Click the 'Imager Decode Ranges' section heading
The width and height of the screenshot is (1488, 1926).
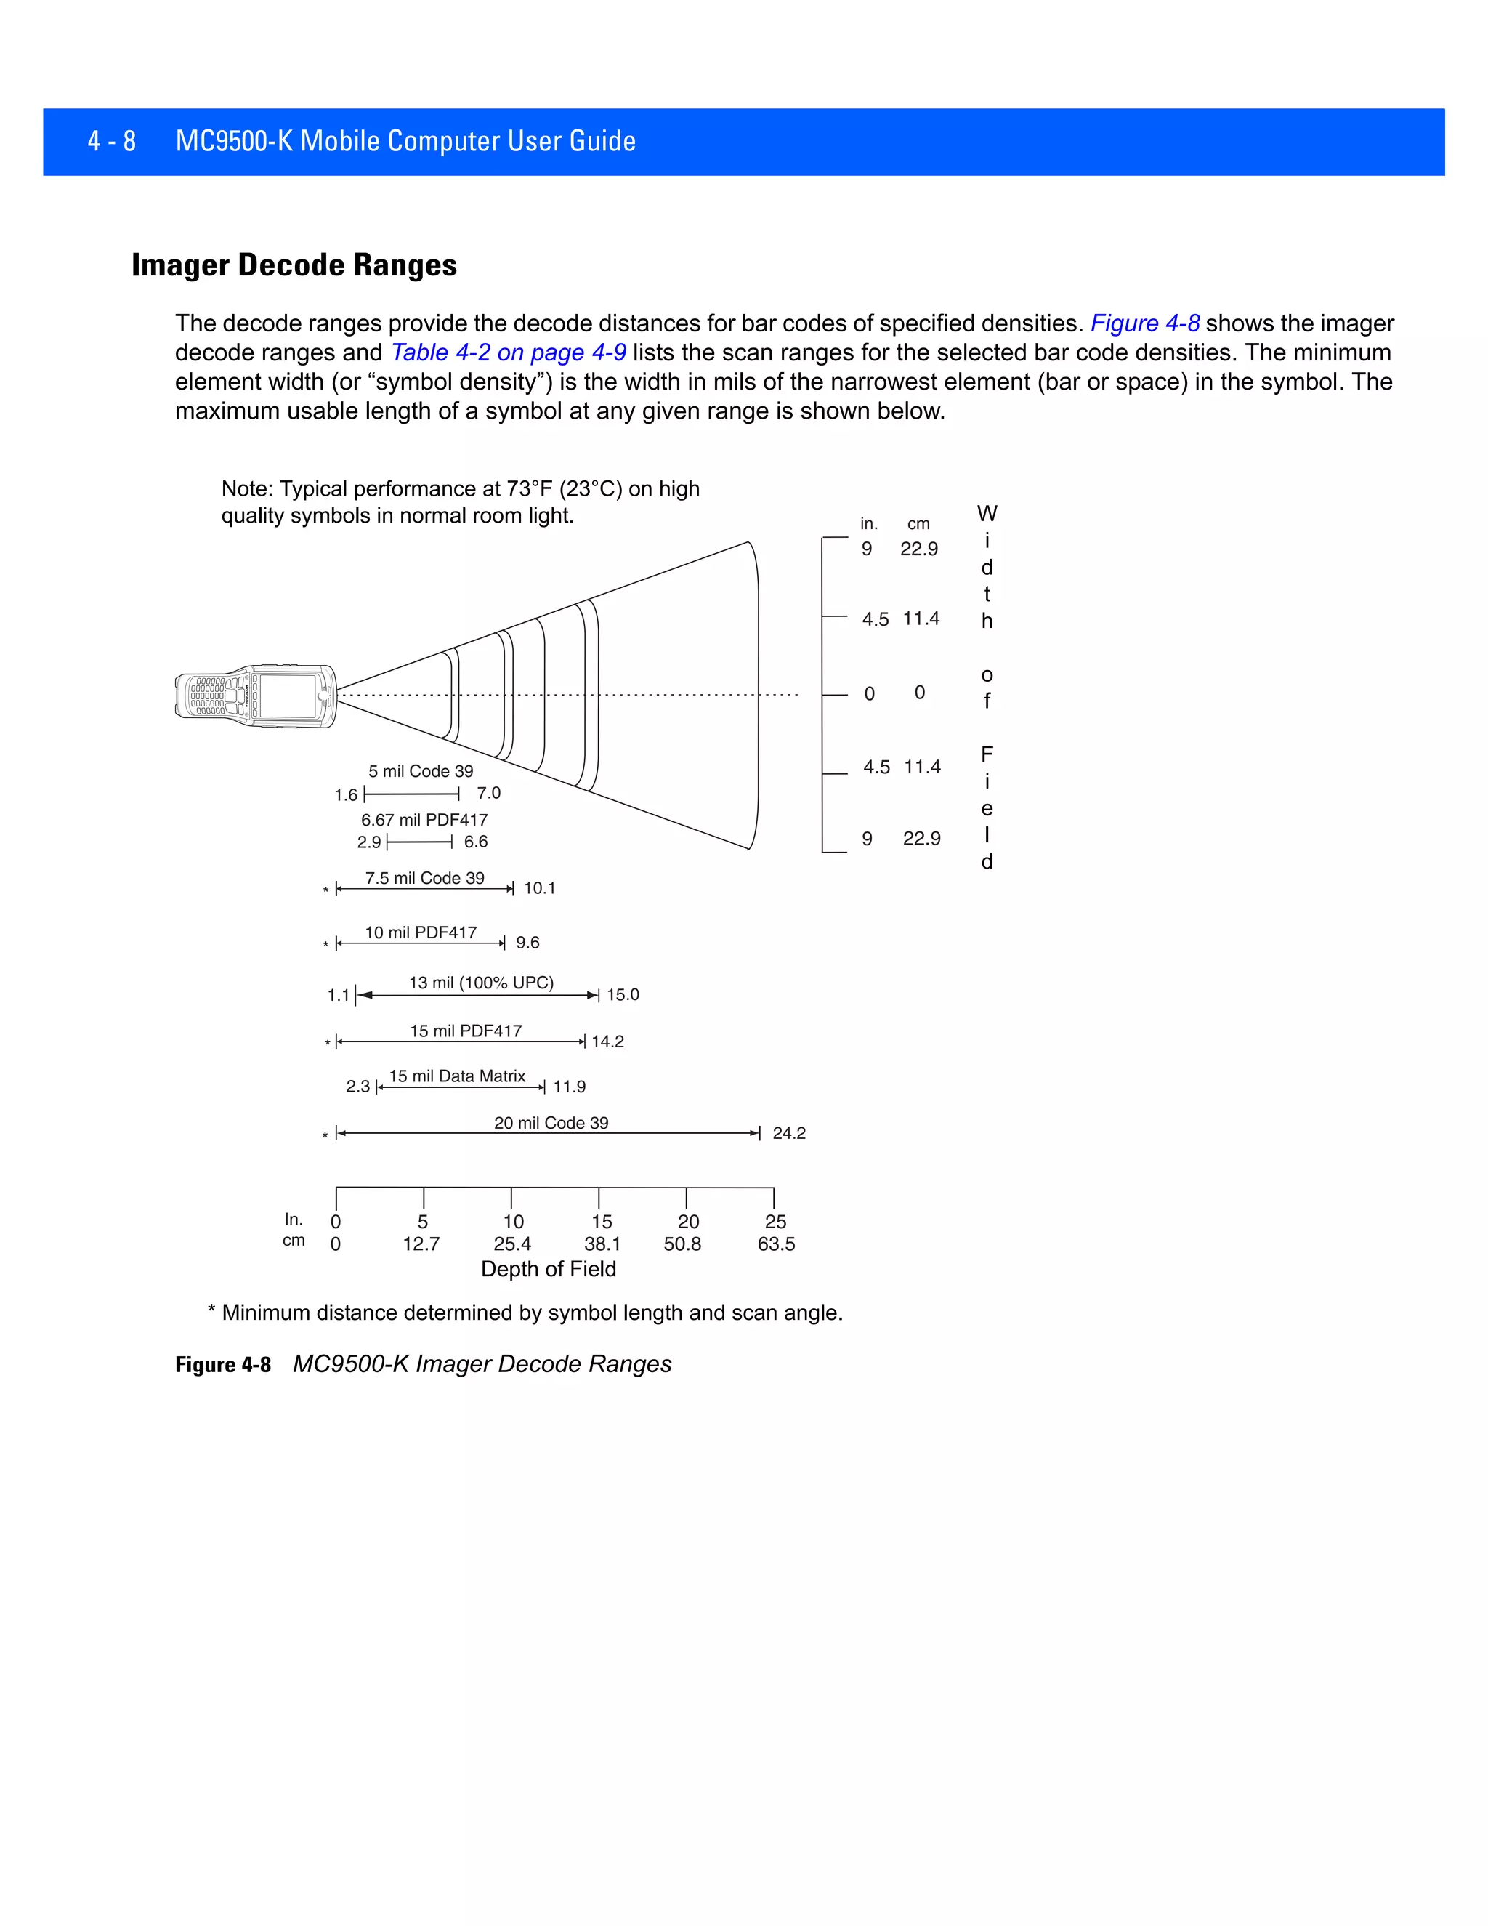pyautogui.click(x=294, y=265)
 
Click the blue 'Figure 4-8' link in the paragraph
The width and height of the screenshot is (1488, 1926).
pyautogui.click(x=1144, y=323)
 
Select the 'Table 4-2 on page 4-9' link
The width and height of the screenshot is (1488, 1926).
pyautogui.click(x=508, y=352)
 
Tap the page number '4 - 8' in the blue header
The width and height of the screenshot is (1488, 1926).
pyautogui.click(x=112, y=141)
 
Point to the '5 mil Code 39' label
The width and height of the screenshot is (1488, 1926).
pyautogui.click(x=421, y=772)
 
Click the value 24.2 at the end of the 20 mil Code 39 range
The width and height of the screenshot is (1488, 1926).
pyautogui.click(x=788, y=1133)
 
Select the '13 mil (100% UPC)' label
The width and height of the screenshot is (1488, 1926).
pyautogui.click(x=481, y=983)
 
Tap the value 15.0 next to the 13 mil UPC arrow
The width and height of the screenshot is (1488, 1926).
pyautogui.click(x=623, y=995)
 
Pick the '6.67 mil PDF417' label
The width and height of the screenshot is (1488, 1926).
pyautogui.click(x=424, y=820)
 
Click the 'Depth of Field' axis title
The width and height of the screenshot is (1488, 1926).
pyautogui.click(x=549, y=1269)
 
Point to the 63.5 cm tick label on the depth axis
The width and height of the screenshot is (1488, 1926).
pyautogui.click(x=776, y=1244)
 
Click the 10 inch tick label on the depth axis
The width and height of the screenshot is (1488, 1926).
pyautogui.click(x=513, y=1222)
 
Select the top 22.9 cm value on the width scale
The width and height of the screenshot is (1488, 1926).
pyautogui.click(x=918, y=549)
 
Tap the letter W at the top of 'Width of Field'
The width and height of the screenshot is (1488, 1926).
pyautogui.click(x=987, y=514)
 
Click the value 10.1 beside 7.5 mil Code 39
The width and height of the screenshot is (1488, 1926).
pyautogui.click(x=540, y=888)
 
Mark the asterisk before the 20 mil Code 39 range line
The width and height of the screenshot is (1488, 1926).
pyautogui.click(x=325, y=1135)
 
